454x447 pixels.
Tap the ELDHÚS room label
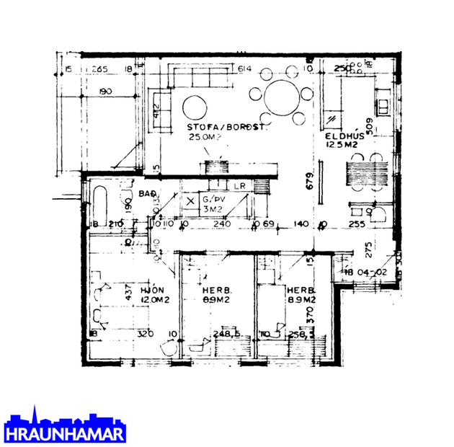pos(341,135)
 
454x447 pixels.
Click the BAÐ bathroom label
pos(148,194)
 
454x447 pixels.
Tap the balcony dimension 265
pos(99,69)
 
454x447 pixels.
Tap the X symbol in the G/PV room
pos(190,201)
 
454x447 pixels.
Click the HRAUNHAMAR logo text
pos(65,435)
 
